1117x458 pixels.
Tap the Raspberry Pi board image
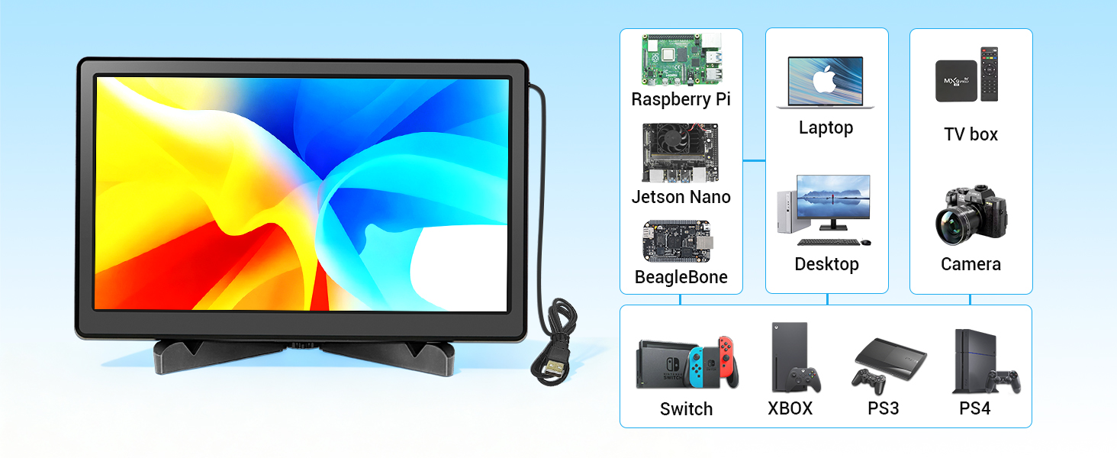tap(681, 60)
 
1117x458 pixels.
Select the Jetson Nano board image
tap(681, 153)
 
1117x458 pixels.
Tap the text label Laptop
tap(826, 127)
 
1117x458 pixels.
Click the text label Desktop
tap(826, 264)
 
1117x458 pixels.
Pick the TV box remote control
tap(989, 74)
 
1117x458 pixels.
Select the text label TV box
tap(971, 134)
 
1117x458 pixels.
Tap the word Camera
tap(971, 264)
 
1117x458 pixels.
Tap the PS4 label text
tap(974, 408)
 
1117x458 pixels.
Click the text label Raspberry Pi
tap(681, 99)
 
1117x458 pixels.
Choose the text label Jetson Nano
tap(681, 197)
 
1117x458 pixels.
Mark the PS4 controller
tap(1003, 380)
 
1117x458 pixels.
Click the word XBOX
tap(790, 408)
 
